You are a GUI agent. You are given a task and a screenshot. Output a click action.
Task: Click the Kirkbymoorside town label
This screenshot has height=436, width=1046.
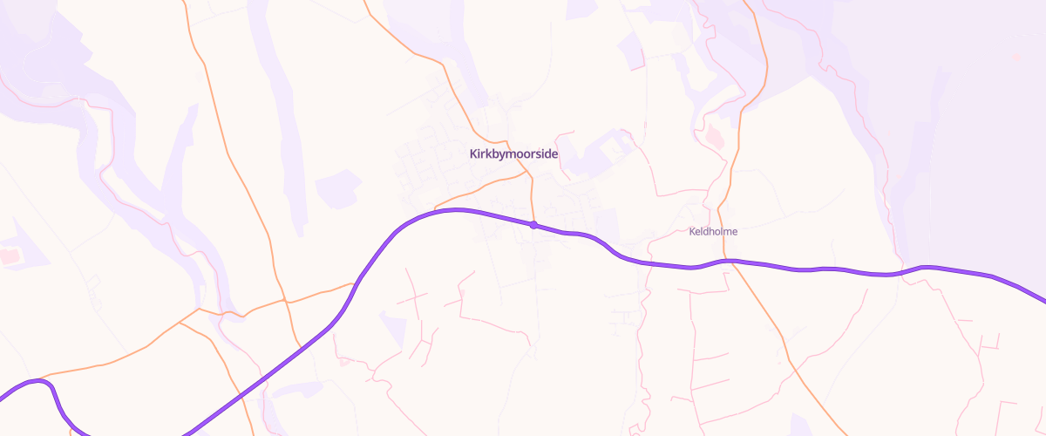513,154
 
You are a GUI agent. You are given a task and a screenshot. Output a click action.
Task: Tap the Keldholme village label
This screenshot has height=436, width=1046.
713,232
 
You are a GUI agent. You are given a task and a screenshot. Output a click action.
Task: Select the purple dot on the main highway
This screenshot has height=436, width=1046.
533,225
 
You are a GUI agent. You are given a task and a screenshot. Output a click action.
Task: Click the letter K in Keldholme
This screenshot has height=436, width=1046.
692,232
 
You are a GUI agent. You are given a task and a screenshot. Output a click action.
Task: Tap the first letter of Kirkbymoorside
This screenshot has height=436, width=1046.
473,154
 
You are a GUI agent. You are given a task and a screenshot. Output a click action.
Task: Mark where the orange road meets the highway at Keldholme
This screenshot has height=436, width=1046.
731,261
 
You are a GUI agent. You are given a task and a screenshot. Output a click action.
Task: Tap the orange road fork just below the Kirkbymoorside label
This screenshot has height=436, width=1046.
529,174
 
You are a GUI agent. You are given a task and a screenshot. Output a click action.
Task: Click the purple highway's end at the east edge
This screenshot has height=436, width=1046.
1043,302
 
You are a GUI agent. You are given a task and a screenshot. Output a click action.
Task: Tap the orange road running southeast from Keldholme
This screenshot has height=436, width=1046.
784,349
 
